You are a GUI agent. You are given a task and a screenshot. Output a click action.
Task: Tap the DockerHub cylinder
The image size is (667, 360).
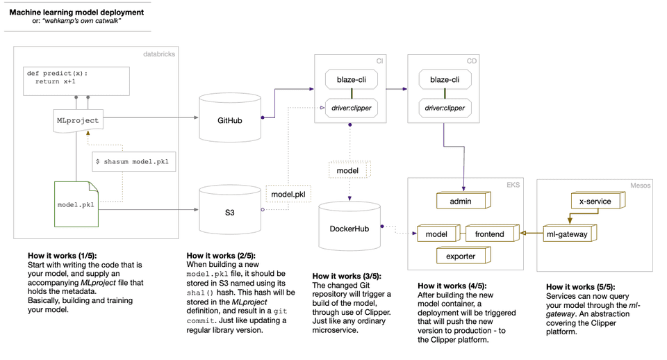[x=349, y=227]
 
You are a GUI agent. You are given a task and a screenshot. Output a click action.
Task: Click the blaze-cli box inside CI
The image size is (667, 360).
[x=352, y=80]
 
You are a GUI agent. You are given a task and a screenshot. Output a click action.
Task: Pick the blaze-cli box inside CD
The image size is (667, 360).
[x=445, y=80]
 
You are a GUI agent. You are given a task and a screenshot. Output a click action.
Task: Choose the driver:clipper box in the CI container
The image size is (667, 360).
[x=352, y=108]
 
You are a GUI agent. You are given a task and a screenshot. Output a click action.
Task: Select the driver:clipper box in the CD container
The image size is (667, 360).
[x=445, y=108]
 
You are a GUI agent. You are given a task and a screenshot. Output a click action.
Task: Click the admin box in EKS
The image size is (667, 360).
[x=461, y=201]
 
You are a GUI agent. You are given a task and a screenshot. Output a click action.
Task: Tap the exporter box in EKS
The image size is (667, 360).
[x=461, y=256]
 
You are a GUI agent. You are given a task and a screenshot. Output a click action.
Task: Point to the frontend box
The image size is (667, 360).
[x=491, y=234]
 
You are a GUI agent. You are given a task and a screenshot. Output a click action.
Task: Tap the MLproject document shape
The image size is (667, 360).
[x=78, y=121]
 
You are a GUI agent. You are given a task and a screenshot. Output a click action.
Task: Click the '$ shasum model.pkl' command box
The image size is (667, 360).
[x=135, y=161]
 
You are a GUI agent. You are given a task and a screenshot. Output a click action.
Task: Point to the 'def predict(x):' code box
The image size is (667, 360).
[x=76, y=80]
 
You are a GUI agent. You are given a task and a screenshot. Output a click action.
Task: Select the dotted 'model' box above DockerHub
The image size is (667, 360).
[x=348, y=170]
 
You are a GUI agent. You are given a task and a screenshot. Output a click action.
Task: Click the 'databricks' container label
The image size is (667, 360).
[x=159, y=54]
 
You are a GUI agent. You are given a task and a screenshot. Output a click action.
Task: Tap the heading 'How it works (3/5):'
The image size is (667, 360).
[x=347, y=276]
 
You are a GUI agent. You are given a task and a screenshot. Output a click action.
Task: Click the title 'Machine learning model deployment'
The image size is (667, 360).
[x=76, y=12]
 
